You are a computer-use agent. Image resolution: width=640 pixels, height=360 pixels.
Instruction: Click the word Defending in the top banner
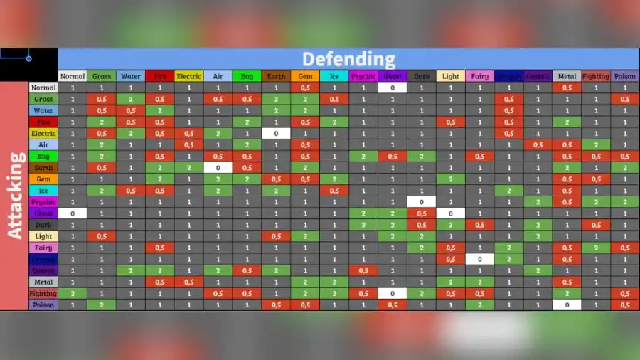point(348,59)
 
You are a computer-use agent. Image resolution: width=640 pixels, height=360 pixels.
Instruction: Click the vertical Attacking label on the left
point(16,195)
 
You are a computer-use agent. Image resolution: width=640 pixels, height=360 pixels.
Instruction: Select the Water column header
point(130,76)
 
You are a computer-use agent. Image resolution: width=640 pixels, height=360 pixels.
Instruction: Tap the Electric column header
point(188,76)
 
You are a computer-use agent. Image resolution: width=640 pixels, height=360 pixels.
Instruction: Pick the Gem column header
point(305,76)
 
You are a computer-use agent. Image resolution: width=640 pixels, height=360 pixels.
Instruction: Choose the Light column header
point(450,76)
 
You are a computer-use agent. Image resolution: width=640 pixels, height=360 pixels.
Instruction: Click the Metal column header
point(567,76)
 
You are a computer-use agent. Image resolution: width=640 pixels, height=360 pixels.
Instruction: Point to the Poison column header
point(625,76)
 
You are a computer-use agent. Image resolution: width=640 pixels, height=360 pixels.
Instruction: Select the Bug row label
point(43,156)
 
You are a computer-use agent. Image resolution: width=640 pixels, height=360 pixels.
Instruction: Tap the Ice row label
point(43,190)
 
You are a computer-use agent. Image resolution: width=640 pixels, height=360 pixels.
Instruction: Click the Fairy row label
point(43,248)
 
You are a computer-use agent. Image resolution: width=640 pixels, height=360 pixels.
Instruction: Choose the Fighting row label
point(43,293)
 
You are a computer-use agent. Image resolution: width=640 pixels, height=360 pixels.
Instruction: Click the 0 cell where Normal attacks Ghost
point(392,88)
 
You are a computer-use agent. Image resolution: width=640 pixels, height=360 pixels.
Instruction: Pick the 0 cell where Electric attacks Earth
point(276,133)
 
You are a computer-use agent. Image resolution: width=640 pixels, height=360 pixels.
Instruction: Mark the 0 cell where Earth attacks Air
point(218,167)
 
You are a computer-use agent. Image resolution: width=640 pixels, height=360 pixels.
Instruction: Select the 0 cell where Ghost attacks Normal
point(72,213)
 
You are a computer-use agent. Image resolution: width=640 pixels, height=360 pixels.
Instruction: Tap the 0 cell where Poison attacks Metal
point(567,305)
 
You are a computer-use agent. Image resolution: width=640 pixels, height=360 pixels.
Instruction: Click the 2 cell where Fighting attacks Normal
point(72,293)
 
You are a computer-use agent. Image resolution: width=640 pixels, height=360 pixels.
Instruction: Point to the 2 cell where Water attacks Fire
point(159,110)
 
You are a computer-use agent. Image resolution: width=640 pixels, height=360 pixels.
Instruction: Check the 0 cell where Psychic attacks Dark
point(421,201)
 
